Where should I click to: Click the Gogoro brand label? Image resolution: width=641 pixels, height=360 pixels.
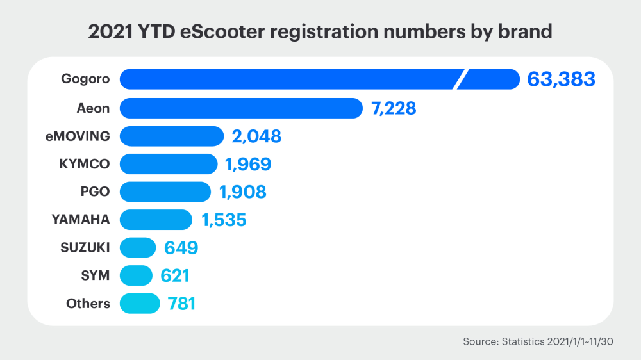tap(85, 79)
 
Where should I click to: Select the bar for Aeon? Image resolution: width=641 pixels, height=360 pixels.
tap(241, 108)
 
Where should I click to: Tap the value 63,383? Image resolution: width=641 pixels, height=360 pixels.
tap(562, 79)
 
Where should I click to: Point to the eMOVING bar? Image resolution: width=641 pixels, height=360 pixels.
tap(171, 136)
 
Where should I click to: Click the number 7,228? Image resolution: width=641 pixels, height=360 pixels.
tap(394, 108)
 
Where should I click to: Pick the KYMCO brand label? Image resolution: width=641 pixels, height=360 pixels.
tap(84, 164)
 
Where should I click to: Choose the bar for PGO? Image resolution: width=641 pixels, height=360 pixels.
tap(165, 192)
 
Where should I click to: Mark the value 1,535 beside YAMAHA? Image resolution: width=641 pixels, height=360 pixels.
tap(224, 220)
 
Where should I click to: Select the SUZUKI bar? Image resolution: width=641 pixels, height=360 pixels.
tap(138, 248)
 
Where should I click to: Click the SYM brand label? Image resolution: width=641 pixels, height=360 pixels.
tap(96, 275)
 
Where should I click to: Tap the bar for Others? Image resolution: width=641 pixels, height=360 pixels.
tap(140, 304)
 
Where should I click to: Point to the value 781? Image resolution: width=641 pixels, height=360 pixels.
tap(181, 304)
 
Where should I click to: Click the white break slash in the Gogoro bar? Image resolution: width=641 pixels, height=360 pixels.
tap(460, 79)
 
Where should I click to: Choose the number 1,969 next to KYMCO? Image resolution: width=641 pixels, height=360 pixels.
tap(248, 164)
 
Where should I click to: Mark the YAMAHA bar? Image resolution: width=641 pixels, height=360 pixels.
tap(156, 220)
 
